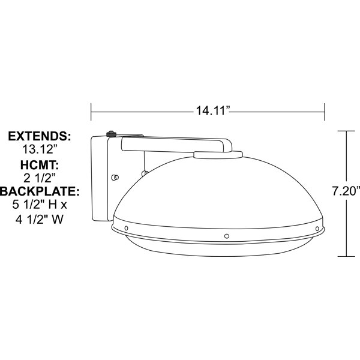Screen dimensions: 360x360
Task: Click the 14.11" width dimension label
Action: click(x=212, y=111)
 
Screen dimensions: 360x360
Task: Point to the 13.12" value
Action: click(x=39, y=149)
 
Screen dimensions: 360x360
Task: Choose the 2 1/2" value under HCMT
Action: click(x=40, y=178)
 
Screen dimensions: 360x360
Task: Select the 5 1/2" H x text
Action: click(x=40, y=205)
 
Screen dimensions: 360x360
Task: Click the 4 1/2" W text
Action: click(x=40, y=220)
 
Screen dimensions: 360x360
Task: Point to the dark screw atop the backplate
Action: click(x=111, y=134)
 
